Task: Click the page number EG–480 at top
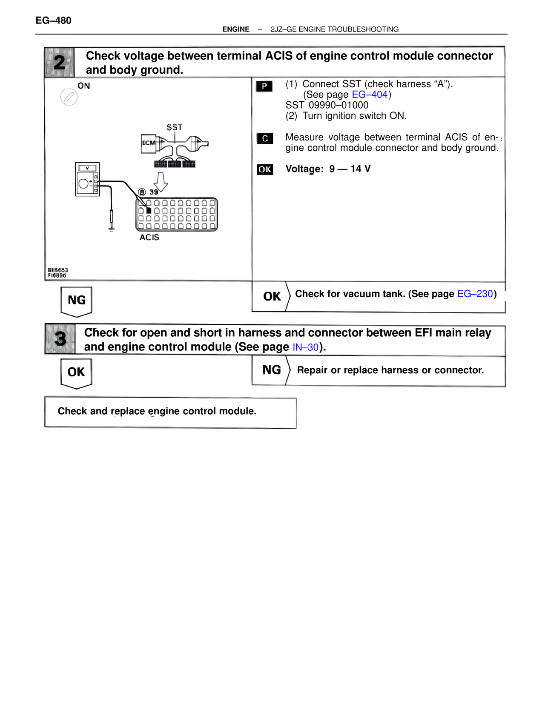click(x=53, y=20)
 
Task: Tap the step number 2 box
click(x=60, y=63)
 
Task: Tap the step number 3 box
click(x=60, y=339)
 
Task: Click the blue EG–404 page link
click(x=370, y=95)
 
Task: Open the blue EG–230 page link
click(x=475, y=294)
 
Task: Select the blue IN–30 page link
click(x=305, y=347)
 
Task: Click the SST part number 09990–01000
click(x=338, y=105)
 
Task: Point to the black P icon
click(x=264, y=86)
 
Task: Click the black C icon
click(x=265, y=139)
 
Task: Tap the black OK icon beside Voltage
click(x=265, y=169)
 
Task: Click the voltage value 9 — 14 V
click(x=350, y=169)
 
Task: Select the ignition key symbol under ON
click(x=69, y=97)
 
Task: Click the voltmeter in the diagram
click(x=88, y=179)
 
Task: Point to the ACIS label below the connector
click(x=149, y=238)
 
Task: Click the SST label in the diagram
click(x=174, y=127)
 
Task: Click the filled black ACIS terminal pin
click(x=149, y=211)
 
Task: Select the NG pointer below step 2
click(x=77, y=301)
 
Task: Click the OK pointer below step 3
click(x=77, y=373)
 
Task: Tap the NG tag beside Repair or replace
click(x=271, y=370)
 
